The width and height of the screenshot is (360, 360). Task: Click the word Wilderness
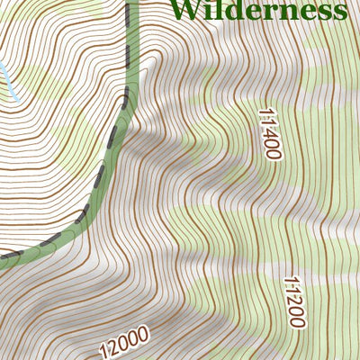click(257, 10)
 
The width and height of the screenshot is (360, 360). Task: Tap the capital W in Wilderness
click(184, 10)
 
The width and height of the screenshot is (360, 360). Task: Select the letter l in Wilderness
click(215, 9)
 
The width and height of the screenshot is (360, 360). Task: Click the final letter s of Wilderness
click(340, 12)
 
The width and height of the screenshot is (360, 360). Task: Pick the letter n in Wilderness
click(284, 12)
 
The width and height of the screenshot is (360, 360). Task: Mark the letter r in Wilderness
click(267, 12)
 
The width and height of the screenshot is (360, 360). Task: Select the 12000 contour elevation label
click(124, 342)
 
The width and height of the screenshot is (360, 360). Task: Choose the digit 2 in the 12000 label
click(112, 346)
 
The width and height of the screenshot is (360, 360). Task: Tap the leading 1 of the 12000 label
click(103, 350)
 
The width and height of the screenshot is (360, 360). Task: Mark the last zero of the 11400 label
click(274, 154)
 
